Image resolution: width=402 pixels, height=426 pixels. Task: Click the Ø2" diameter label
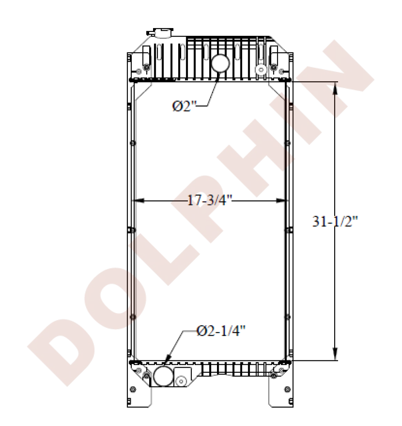[x=183, y=106]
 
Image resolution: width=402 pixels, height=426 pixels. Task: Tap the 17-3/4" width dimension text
[x=210, y=200]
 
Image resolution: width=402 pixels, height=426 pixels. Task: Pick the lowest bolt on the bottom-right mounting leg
[x=286, y=389]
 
